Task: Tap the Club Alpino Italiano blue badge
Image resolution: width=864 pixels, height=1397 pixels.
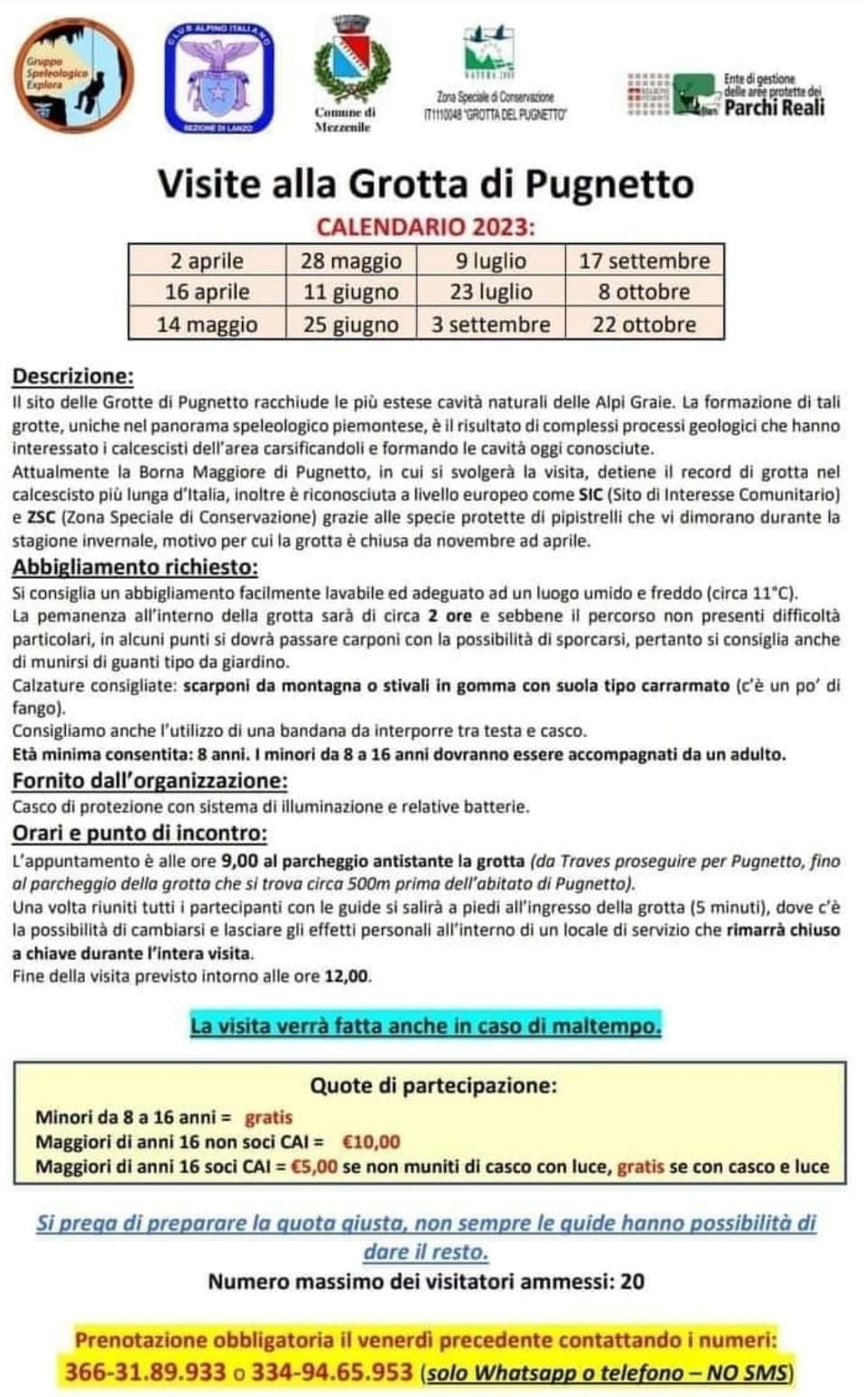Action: point(218,78)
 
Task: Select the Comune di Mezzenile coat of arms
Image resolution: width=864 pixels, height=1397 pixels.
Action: point(351,60)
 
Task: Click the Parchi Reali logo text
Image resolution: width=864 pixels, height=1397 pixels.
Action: point(774,107)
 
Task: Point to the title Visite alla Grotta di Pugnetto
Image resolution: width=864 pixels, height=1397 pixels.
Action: point(426,184)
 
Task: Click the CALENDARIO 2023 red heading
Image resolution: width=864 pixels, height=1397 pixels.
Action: point(425,227)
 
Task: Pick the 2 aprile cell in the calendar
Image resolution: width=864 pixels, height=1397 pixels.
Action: point(207,261)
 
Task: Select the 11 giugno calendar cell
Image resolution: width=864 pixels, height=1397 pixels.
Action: point(351,293)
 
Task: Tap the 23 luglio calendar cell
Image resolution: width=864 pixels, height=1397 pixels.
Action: point(491,293)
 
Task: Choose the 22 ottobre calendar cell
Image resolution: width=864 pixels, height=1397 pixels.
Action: point(645,324)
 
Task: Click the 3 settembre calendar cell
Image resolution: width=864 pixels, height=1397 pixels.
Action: point(491,324)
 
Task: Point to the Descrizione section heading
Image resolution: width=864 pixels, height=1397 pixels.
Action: point(73,377)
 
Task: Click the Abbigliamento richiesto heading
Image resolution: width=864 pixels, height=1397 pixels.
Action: point(135,568)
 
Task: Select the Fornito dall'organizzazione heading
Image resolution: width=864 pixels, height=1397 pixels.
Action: point(150,781)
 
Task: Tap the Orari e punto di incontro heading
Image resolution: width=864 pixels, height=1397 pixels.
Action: point(139,834)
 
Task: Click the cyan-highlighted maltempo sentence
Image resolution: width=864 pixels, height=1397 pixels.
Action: point(425,1026)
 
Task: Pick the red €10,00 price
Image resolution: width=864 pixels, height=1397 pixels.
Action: point(371,1141)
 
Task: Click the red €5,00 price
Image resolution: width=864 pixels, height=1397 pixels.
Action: point(313,1166)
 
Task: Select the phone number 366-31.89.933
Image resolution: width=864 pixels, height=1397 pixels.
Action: point(144,1373)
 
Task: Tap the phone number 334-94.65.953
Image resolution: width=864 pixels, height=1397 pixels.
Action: point(331,1373)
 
